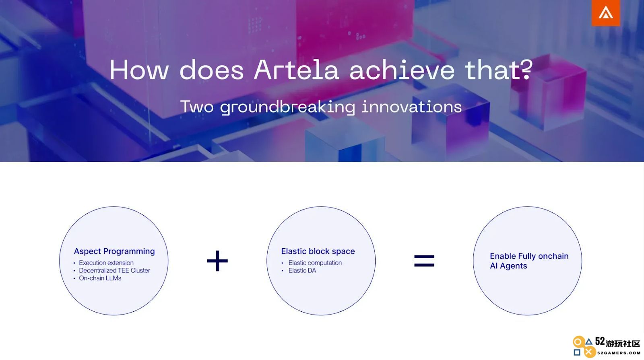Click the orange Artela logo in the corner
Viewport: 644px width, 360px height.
606,12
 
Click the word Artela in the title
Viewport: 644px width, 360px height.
296,70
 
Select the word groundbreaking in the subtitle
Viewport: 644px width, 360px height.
287,107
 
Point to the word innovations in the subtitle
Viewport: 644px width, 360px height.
412,107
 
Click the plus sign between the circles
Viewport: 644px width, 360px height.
217,261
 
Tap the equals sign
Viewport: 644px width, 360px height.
424,261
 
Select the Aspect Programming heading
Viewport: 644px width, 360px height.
114,251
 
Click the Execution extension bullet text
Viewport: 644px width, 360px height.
106,263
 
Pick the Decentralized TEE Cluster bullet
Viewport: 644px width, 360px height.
114,270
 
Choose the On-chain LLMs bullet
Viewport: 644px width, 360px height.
100,278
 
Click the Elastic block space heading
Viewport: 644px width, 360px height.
318,251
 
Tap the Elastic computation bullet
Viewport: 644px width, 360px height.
315,263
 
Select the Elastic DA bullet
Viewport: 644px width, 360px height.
302,270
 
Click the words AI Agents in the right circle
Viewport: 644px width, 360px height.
508,266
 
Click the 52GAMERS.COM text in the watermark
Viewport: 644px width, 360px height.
618,353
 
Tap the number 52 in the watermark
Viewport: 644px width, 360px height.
600,341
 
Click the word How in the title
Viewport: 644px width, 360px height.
139,70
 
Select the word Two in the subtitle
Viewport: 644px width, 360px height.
197,107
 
